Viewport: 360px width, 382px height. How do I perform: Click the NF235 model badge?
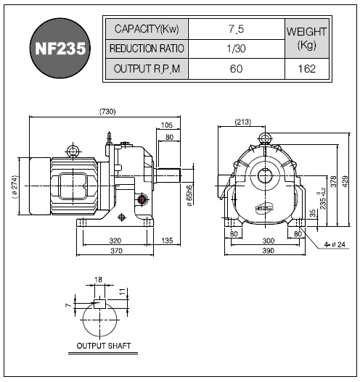point(60,49)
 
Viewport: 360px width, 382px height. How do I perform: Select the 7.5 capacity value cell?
point(237,29)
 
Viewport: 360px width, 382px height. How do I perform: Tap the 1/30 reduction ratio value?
point(236,49)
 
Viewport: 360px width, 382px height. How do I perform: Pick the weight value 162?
point(307,69)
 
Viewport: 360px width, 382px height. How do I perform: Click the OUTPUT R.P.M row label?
point(147,69)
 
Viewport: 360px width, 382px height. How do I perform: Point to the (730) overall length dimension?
point(107,112)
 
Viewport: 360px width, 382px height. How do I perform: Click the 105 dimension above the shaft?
point(167,125)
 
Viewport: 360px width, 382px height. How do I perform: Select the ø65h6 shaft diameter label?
point(189,196)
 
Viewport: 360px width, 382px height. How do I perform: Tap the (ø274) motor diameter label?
point(15,187)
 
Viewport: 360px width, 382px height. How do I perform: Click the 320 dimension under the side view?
point(115,241)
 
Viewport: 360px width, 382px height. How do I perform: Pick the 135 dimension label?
point(167,241)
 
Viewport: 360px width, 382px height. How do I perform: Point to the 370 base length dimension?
point(116,251)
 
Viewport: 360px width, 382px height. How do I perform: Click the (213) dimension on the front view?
point(243,122)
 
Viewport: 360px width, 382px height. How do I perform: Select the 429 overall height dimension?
point(345,181)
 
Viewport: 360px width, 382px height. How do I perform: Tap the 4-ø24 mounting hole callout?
point(335,244)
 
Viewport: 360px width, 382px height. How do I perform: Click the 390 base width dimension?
point(269,251)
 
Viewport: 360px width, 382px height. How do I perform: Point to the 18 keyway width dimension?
point(98,280)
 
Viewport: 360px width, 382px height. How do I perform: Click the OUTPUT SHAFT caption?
point(104,346)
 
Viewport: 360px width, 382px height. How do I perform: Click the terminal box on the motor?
point(73,186)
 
